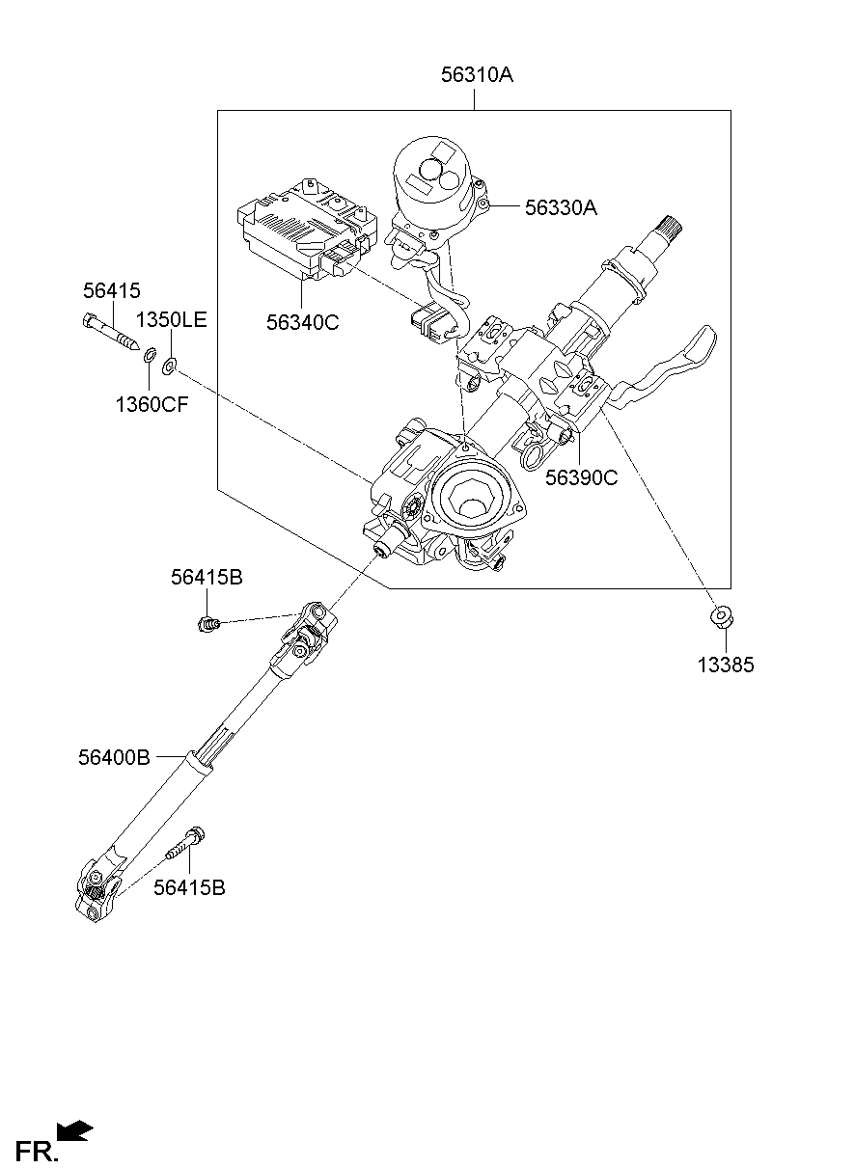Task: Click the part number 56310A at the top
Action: click(x=477, y=75)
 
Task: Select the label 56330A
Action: click(x=562, y=206)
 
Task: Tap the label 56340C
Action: click(x=303, y=323)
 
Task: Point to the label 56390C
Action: click(x=581, y=476)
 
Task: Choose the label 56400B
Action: click(x=114, y=758)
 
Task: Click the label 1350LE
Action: click(x=171, y=320)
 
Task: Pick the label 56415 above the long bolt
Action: click(x=111, y=290)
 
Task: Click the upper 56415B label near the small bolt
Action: click(x=207, y=578)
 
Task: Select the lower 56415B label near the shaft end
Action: click(x=189, y=887)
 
